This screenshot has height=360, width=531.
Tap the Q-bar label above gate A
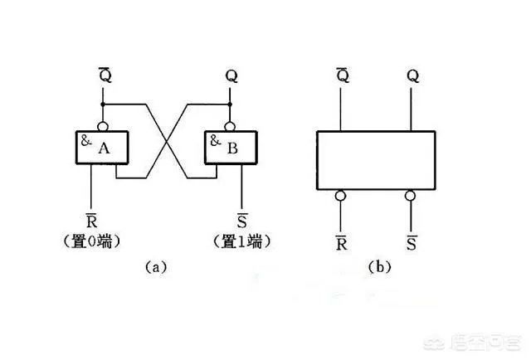[x=102, y=75]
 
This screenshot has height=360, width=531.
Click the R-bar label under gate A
[x=92, y=221]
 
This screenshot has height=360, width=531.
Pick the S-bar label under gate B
[x=242, y=221]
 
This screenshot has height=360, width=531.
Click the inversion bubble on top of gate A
[x=102, y=126]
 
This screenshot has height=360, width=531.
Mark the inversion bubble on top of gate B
[x=230, y=126]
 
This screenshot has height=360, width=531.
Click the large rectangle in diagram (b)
[x=375, y=161]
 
